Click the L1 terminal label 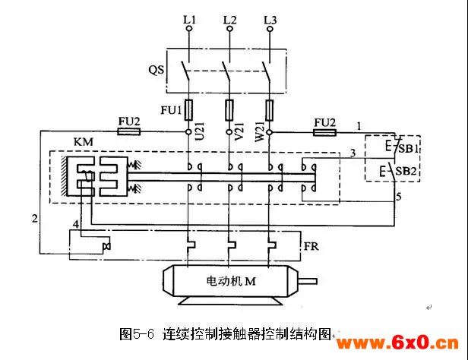click(189, 20)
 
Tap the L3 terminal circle click(270, 29)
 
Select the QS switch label click(157, 70)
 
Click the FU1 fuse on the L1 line click(188, 110)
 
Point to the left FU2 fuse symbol click(129, 131)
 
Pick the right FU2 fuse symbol click(324, 132)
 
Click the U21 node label click(199, 131)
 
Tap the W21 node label click(260, 131)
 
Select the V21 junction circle click(229, 132)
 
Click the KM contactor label click(84, 142)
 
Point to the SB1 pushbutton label click(409, 148)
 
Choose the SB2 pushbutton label click(406, 171)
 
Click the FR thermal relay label click(311, 246)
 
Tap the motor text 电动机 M click(231, 281)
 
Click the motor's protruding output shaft click(308, 281)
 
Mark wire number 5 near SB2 click(399, 197)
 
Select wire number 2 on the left click(35, 219)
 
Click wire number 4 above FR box click(76, 224)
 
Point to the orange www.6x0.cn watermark click(397, 343)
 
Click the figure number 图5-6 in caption click(137, 334)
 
